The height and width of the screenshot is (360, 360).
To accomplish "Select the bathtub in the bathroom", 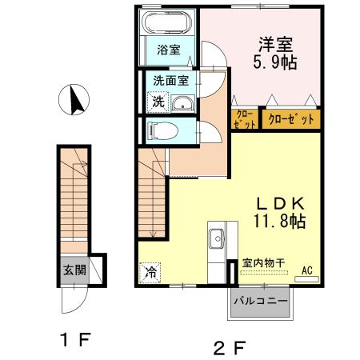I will tap(169, 22).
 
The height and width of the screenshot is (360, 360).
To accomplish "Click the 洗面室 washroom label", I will tap(170, 80).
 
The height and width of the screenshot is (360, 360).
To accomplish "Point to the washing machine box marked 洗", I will tap(158, 102).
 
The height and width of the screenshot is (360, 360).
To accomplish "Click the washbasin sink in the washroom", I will tap(182, 103).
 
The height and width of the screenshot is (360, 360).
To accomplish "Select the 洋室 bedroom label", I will tap(274, 44).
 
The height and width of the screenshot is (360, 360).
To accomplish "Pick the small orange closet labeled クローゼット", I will tap(244, 120).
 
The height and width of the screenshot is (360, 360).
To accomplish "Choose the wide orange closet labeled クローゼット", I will tap(289, 120).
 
